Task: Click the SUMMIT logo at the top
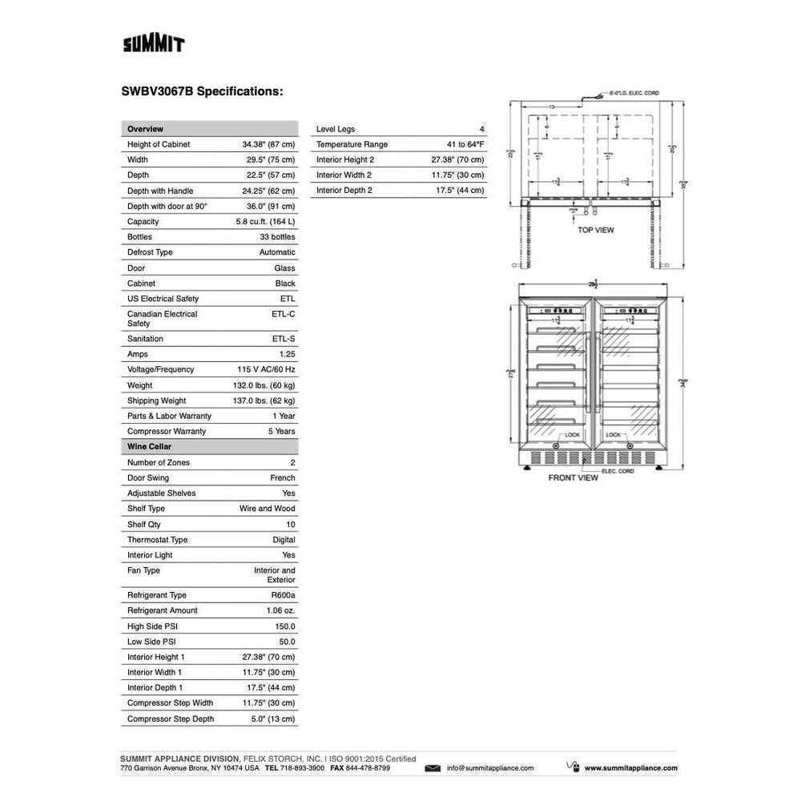[154, 43]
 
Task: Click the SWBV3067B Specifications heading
[202, 91]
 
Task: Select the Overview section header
[145, 129]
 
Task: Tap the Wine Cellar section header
[149, 446]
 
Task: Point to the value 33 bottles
[277, 237]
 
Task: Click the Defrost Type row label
[150, 252]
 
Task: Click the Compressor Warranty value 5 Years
[280, 431]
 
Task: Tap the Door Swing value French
[283, 477]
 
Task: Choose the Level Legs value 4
[481, 129]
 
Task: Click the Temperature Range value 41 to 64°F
[454, 144]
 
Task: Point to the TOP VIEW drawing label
[596, 230]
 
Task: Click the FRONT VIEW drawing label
[573, 477]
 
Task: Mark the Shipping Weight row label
[156, 400]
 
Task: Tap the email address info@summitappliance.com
[490, 768]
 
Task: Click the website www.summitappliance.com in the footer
[630, 768]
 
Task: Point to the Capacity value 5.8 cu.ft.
[265, 221]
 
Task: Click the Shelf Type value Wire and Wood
[267, 509]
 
